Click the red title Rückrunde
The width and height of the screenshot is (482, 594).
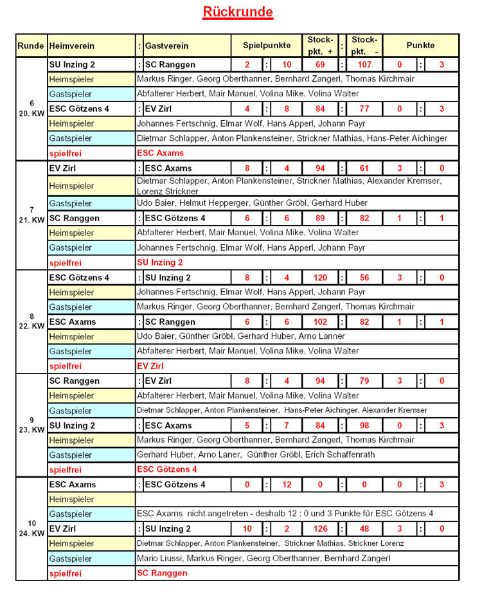238,12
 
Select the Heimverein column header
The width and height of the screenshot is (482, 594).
72,46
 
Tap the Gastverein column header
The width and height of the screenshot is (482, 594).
167,46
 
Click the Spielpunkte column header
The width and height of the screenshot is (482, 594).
267,46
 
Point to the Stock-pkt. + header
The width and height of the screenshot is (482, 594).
320,46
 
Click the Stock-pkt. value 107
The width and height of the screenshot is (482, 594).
365,65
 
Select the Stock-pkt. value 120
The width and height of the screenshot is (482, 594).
320,278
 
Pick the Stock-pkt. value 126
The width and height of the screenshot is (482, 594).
320,529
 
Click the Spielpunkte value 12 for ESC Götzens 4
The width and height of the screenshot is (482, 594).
287,485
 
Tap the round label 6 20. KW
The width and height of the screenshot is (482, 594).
31,108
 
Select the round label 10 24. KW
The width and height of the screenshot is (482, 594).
31,528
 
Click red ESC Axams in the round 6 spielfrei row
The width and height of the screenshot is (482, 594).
160,153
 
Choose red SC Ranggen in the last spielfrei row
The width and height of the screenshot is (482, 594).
162,573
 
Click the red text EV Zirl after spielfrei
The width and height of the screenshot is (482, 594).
150,366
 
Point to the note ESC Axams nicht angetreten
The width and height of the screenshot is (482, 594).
285,514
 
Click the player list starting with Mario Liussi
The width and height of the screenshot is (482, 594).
263,558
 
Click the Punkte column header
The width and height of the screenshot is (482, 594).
420,46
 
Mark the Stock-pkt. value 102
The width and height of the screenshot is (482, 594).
320,322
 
